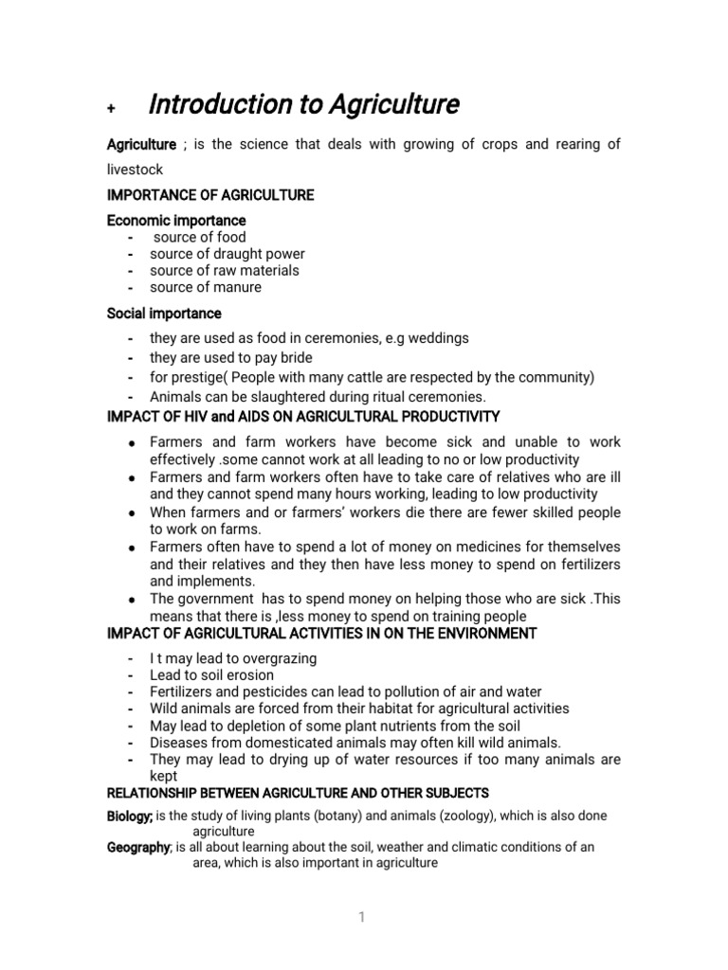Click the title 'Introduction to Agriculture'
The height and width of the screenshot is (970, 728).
pyautogui.click(x=304, y=105)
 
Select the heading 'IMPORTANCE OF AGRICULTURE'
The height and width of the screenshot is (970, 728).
pyautogui.click(x=209, y=195)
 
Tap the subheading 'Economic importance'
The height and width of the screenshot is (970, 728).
pyautogui.click(x=176, y=221)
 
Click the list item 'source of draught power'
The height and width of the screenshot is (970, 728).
pyautogui.click(x=227, y=254)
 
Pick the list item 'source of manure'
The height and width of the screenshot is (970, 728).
pyautogui.click(x=206, y=287)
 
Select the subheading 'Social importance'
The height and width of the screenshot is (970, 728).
pyautogui.click(x=164, y=314)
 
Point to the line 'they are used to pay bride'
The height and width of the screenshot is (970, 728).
pyautogui.click(x=231, y=358)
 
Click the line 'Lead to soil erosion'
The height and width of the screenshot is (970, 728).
pyautogui.click(x=211, y=675)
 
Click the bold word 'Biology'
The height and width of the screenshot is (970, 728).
pyautogui.click(x=129, y=816)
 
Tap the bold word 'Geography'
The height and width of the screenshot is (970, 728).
pyautogui.click(x=138, y=848)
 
